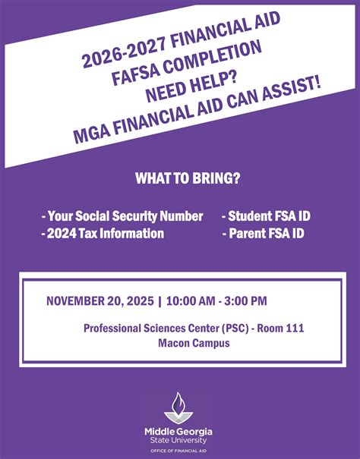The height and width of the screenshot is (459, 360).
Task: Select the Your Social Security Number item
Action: [122, 216]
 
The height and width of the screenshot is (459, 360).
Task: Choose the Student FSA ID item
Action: [266, 216]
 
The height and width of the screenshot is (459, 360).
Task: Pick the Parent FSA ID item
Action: [263, 234]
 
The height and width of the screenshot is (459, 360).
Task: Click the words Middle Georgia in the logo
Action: [179, 431]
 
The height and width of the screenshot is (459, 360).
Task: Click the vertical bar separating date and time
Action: [160, 301]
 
